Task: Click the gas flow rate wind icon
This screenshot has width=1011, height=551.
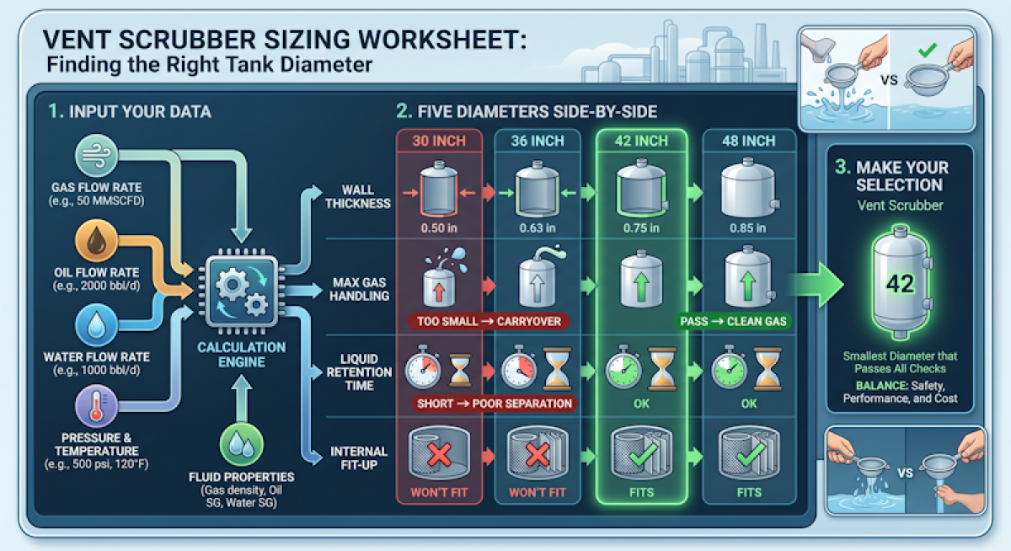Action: point(96,156)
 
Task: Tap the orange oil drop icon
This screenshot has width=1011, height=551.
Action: point(96,241)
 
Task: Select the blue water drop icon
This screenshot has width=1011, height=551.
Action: point(96,325)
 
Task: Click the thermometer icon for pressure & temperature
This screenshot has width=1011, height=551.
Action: point(96,406)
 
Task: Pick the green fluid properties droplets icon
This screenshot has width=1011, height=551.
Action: point(242,445)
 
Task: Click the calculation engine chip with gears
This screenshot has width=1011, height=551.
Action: point(242,291)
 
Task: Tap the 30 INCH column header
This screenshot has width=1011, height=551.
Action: point(439,141)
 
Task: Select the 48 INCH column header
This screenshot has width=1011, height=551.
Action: point(749,141)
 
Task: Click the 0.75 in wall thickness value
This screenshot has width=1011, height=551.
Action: point(641,228)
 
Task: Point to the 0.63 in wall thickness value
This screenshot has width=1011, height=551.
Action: point(538,228)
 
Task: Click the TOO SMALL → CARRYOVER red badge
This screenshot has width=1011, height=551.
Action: point(489,321)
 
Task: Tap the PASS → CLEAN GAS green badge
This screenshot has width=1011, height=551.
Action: point(733,321)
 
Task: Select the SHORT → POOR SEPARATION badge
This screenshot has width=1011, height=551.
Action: point(495,404)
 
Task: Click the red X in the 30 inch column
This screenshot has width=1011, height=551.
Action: point(439,454)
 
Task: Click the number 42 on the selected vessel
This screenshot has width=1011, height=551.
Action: point(901,284)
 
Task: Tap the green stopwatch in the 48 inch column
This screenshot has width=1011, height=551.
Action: point(729,369)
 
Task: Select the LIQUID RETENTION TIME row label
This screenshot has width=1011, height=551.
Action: point(359,372)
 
